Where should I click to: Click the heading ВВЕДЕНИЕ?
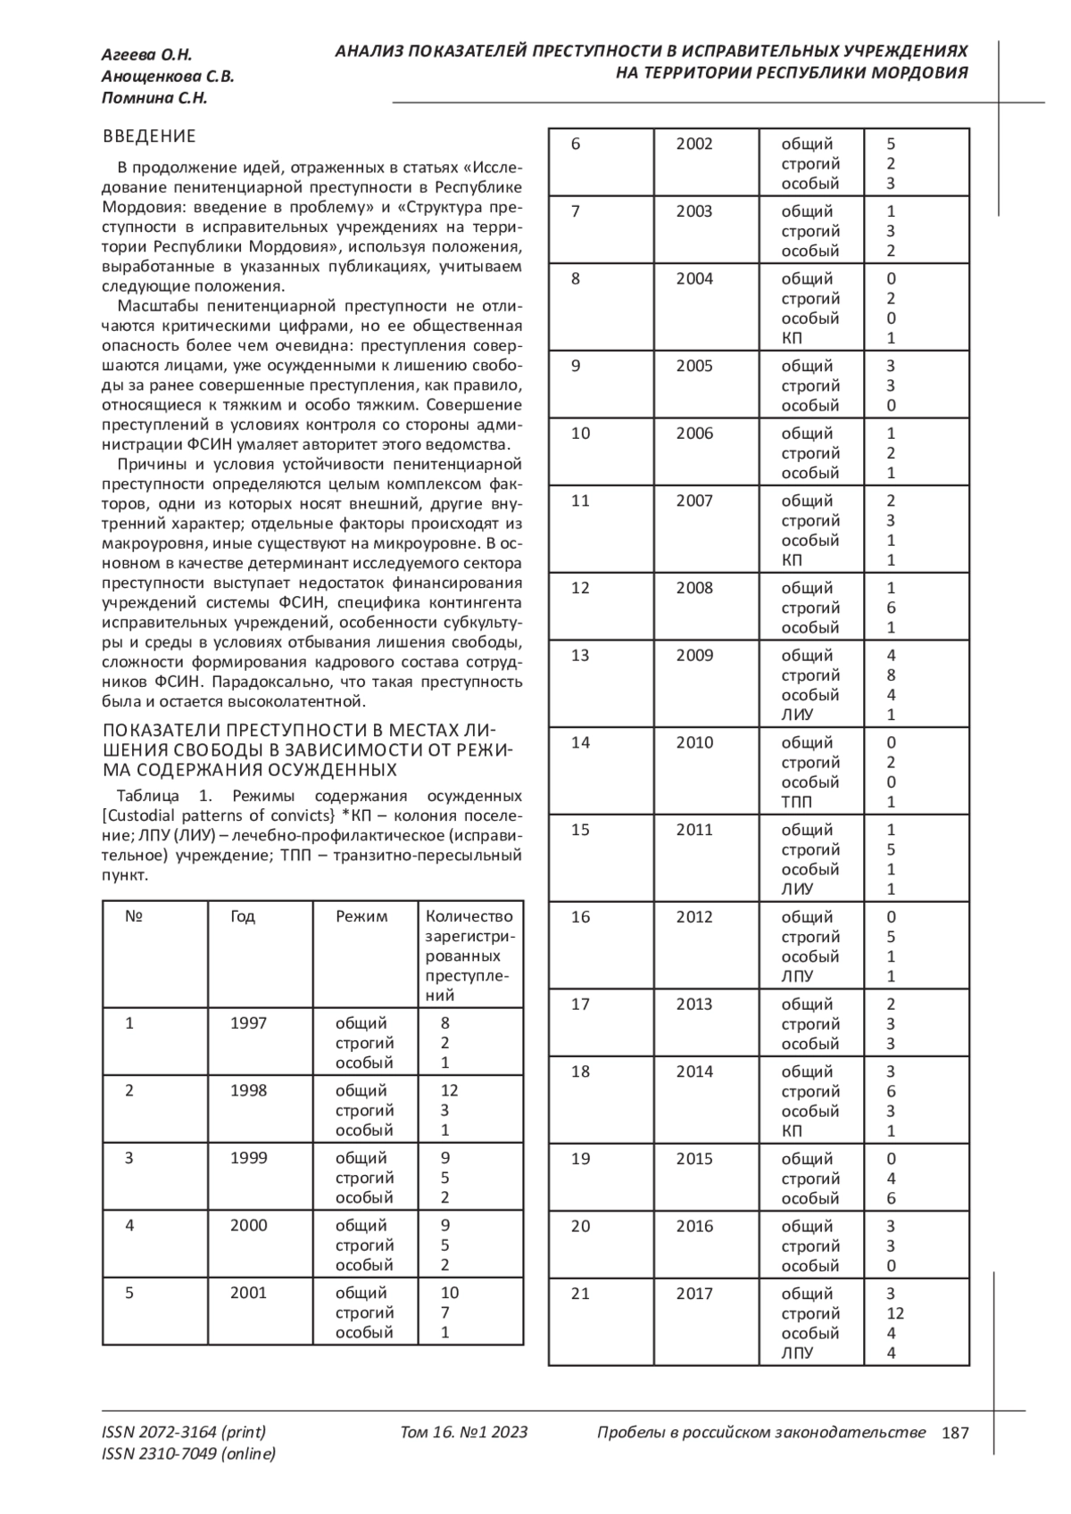pyautogui.click(x=149, y=137)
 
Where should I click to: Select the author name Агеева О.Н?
pyautogui.click(x=146, y=55)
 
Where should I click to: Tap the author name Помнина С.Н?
pyautogui.click(x=154, y=98)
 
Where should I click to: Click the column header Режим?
pyautogui.click(x=361, y=916)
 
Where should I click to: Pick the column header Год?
pyautogui.click(x=243, y=916)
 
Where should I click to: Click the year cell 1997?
pyautogui.click(x=248, y=1023)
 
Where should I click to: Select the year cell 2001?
pyautogui.click(x=248, y=1293)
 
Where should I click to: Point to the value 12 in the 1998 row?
pyautogui.click(x=449, y=1090)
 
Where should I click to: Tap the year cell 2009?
pyautogui.click(x=694, y=656)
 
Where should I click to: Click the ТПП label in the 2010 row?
pyautogui.click(x=797, y=802)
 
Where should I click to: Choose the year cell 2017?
pyautogui.click(x=694, y=1294)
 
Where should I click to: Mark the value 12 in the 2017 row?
pyautogui.click(x=895, y=1313)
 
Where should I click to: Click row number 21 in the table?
pyautogui.click(x=580, y=1294)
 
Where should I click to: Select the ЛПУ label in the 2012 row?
pyautogui.click(x=797, y=977)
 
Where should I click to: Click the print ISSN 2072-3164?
pyautogui.click(x=184, y=1433)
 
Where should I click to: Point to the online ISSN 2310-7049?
pyautogui.click(x=188, y=1454)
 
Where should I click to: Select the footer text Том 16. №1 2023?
pyautogui.click(x=464, y=1433)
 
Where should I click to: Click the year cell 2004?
pyautogui.click(x=694, y=279)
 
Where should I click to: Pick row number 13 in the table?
pyautogui.click(x=580, y=656)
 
